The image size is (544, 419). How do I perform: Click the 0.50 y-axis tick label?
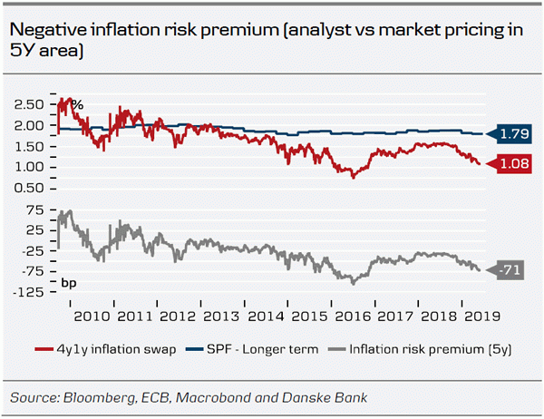(x=30, y=188)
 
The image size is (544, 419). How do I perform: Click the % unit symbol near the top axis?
(x=77, y=105)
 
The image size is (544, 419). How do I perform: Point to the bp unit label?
(x=70, y=284)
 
